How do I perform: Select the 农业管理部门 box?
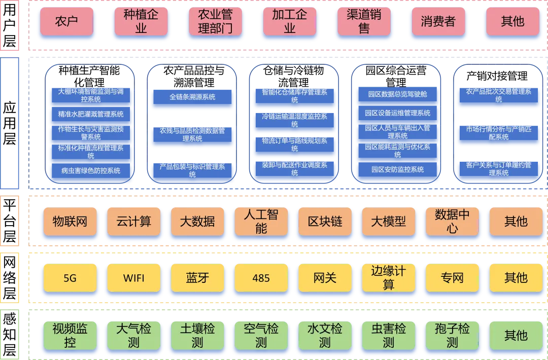pos(215,21)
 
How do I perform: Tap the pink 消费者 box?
pos(438,21)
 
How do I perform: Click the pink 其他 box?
pos(512,21)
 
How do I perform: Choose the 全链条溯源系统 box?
pos(192,97)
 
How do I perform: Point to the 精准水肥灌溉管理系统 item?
pos(91,115)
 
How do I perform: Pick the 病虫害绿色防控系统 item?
pos(91,171)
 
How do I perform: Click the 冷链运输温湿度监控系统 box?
pos(295,120)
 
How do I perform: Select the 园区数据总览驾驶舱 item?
pos(398,94)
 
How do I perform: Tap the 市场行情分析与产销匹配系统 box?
pos(499,133)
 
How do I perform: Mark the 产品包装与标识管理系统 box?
pos(192,170)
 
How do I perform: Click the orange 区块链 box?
pos(325,222)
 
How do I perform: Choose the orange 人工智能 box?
pos(261,222)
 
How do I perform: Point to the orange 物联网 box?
pos(70,222)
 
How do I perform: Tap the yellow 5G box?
pos(70,278)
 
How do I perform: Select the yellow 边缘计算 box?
pos(389,278)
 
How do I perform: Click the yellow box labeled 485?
pos(261,278)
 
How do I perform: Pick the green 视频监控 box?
pos(70,335)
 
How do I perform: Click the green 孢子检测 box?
pos(452,335)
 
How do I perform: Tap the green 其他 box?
pos(516,335)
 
